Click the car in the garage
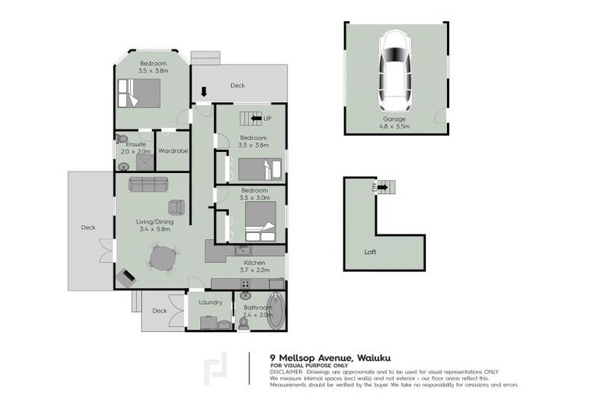(396, 71)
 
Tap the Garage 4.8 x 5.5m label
(394, 122)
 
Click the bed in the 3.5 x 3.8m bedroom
(140, 93)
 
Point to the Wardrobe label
(173, 150)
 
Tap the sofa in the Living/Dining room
(149, 184)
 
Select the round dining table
(163, 258)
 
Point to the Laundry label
(210, 302)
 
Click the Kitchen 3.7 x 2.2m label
(255, 267)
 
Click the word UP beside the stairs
(267, 118)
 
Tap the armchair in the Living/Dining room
(177, 207)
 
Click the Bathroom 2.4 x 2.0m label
(258, 311)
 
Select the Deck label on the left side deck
(88, 228)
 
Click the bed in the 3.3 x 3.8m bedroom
(258, 168)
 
